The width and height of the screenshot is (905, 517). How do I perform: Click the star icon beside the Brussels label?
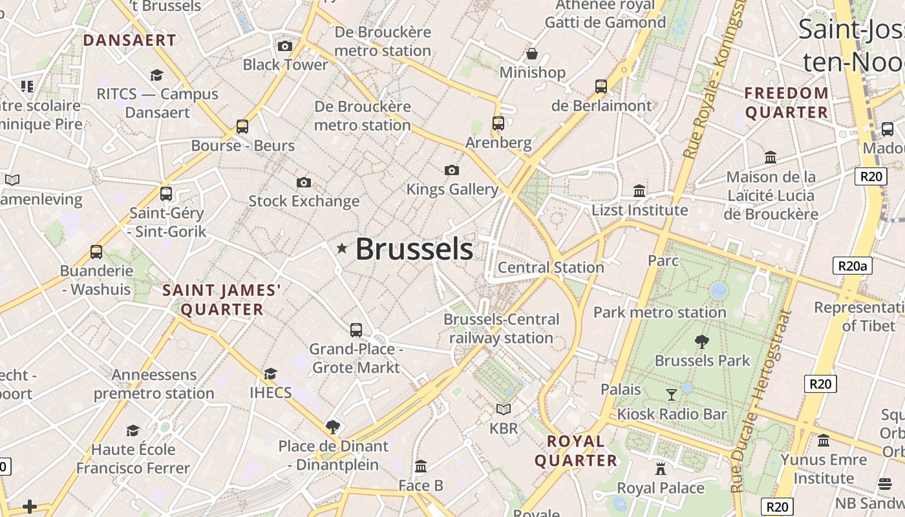pyautogui.click(x=342, y=248)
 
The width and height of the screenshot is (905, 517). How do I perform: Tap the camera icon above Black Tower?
pyautogui.click(x=284, y=46)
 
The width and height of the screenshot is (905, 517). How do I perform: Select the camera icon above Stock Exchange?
pyautogui.click(x=303, y=182)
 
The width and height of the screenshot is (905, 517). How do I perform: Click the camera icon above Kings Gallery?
pyautogui.click(x=452, y=170)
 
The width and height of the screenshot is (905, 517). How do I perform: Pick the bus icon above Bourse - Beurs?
pyautogui.click(x=242, y=126)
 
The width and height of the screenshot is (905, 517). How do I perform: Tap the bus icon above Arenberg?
pyautogui.click(x=498, y=123)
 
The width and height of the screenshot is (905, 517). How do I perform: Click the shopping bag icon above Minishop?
pyautogui.click(x=532, y=53)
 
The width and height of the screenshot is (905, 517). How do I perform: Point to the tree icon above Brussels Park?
pyautogui.click(x=701, y=342)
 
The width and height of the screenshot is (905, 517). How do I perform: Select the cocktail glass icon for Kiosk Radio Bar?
pyautogui.click(x=672, y=394)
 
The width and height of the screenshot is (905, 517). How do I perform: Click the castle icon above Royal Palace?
pyautogui.click(x=660, y=469)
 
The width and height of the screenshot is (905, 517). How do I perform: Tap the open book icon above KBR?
pyautogui.click(x=503, y=409)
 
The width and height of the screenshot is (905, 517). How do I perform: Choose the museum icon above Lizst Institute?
pyautogui.click(x=639, y=191)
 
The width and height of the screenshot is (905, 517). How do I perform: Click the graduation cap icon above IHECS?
pyautogui.click(x=270, y=374)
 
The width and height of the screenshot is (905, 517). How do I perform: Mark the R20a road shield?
pyautogui.click(x=852, y=265)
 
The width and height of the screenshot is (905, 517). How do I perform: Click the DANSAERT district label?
pyautogui.click(x=129, y=40)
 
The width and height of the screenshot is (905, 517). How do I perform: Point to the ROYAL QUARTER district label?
pyautogui.click(x=575, y=450)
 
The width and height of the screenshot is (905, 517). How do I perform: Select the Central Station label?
pyautogui.click(x=551, y=267)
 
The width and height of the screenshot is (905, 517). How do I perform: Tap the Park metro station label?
pyautogui.click(x=659, y=312)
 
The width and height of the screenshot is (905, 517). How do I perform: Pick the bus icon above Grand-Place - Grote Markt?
pyautogui.click(x=356, y=330)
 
